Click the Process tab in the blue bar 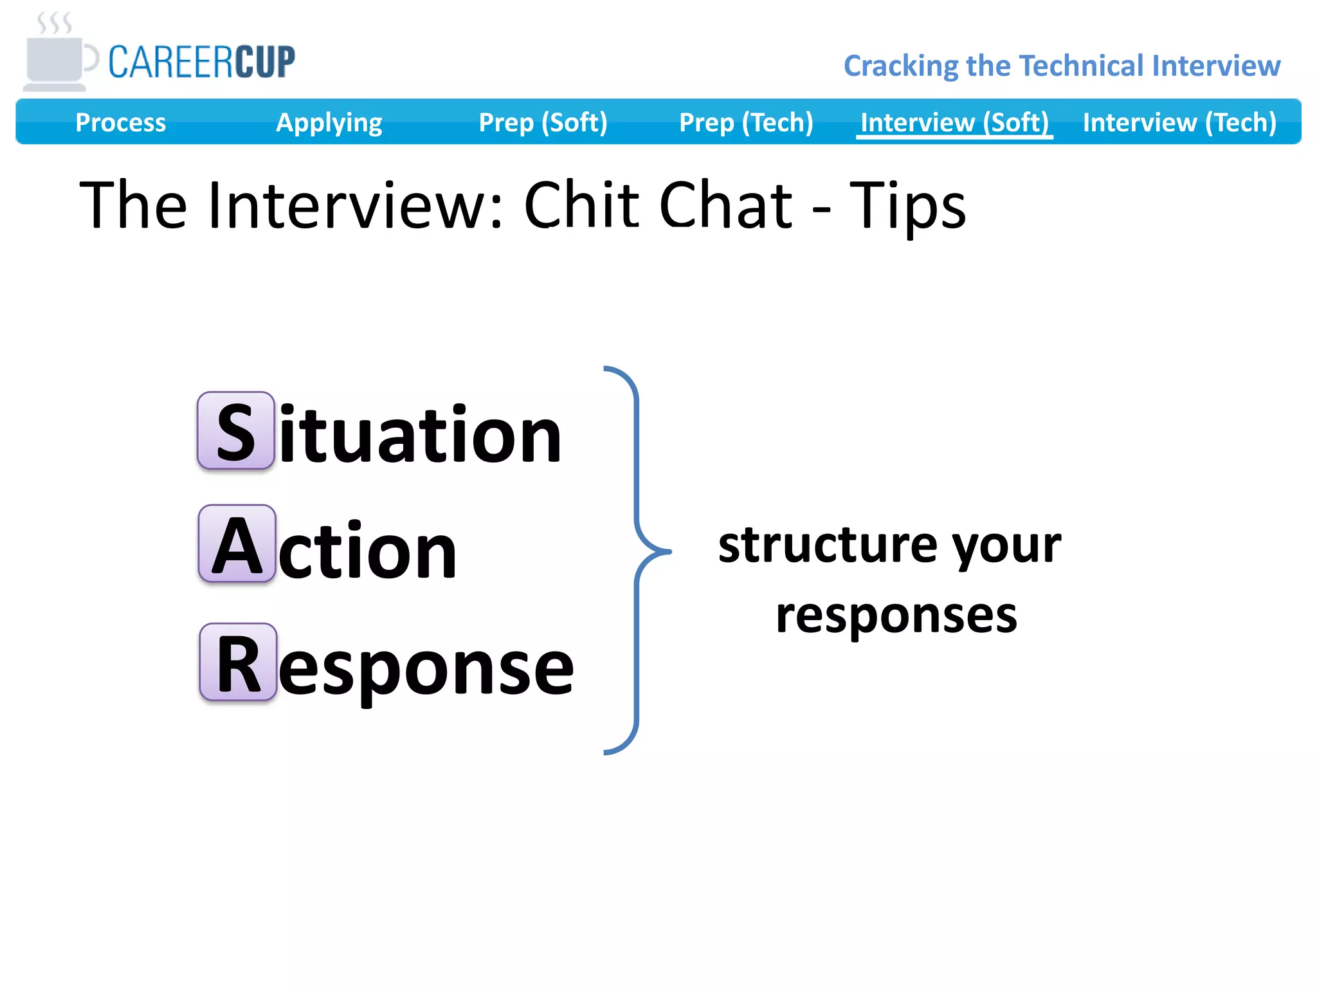coord(120,122)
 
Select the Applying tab coord(329,122)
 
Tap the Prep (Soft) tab coord(543,122)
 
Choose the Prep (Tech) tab coord(746,122)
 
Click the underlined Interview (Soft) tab coord(954,122)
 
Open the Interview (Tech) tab coord(1179,122)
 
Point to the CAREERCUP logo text coord(201,62)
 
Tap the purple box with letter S coord(236,430)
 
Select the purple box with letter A coord(237,544)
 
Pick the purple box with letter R coord(238,662)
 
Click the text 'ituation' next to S coord(421,434)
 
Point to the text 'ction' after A coord(367,551)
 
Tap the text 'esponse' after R coord(426,669)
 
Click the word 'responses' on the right coord(896,616)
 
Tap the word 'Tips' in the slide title coord(907,206)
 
